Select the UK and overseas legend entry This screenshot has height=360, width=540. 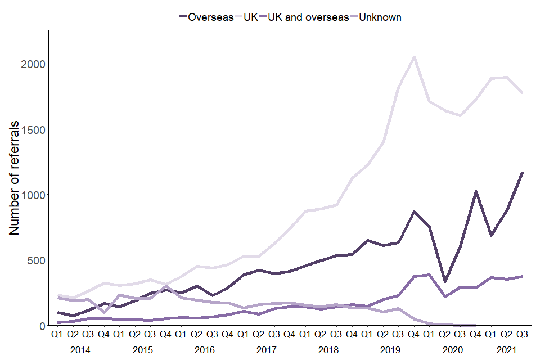308,17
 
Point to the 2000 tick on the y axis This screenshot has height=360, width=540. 34,64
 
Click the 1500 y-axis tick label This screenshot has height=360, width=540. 34,129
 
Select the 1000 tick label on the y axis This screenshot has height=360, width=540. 34,195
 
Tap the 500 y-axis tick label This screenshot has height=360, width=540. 37,260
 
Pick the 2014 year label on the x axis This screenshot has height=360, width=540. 80,349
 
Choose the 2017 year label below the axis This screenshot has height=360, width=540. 266,349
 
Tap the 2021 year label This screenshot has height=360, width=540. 507,349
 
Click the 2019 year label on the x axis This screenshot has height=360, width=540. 390,349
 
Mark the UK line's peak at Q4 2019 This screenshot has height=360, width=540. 414,57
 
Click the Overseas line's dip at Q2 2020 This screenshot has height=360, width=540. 445,281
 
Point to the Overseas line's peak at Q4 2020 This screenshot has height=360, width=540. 476,192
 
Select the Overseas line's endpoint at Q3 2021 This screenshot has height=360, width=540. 523,173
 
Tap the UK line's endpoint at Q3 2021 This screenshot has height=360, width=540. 523,93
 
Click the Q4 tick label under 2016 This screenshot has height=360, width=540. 227,335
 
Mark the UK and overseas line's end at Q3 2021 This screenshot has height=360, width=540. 523,276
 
